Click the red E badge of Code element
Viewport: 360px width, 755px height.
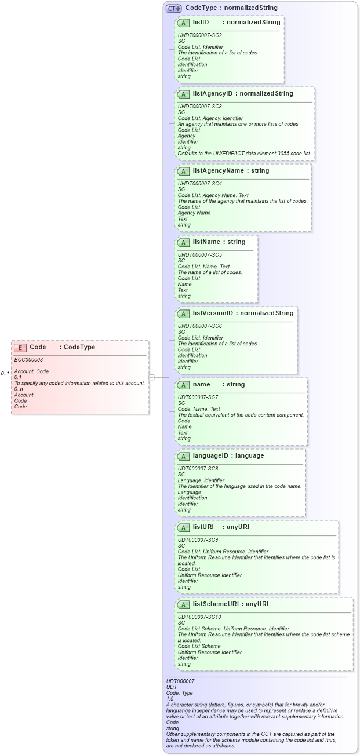coord(20,348)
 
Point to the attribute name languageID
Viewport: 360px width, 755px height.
coord(212,455)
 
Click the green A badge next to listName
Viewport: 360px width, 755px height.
coord(184,242)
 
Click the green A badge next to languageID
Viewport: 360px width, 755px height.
coord(184,456)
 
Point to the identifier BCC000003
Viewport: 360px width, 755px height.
coord(28,360)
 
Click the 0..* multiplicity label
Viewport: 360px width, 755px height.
coord(5,374)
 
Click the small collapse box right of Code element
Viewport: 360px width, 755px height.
coord(151,377)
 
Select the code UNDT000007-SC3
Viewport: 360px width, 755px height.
coord(199,107)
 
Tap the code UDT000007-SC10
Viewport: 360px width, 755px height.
coord(199,617)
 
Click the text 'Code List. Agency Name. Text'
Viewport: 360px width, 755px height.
coord(213,195)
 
